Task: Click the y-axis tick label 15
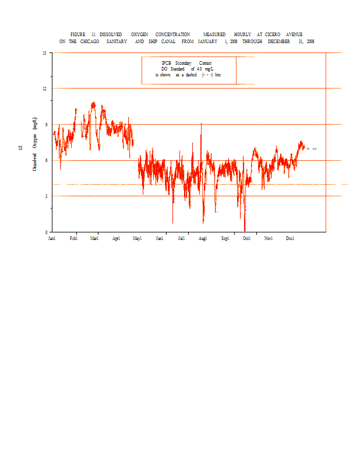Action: (44, 53)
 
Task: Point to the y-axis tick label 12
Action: (44, 89)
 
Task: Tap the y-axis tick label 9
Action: (45, 124)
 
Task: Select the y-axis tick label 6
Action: (45, 160)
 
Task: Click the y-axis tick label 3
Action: (45, 196)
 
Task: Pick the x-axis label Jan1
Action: (52, 238)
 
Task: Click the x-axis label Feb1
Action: (73, 238)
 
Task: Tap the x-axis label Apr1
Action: (116, 238)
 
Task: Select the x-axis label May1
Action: (137, 238)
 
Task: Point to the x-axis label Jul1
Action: (181, 238)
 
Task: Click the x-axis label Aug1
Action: (203, 238)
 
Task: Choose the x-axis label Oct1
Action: (246, 238)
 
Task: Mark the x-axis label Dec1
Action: (290, 238)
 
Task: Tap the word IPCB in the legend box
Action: (167, 63)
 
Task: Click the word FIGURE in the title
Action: (78, 34)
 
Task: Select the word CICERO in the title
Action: (275, 34)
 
